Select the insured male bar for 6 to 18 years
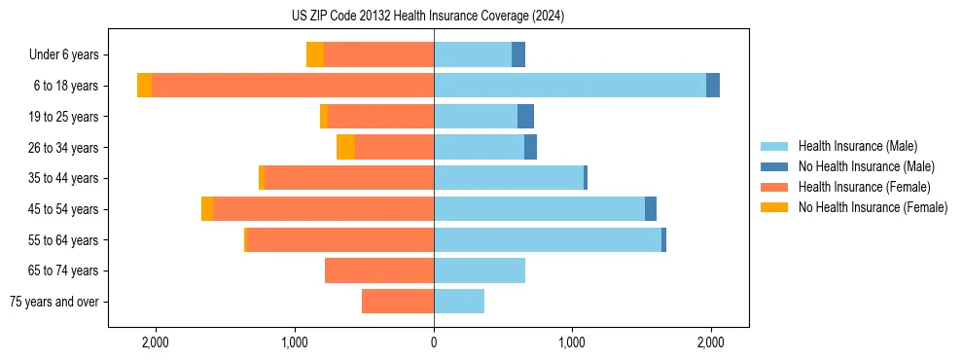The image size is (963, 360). pos(570,86)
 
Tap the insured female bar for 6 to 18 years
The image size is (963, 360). pos(292,86)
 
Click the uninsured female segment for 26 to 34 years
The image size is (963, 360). pos(345,147)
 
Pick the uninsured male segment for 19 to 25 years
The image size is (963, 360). pos(525,117)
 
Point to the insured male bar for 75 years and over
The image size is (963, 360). pos(459,302)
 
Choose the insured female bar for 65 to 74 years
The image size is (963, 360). pos(379,270)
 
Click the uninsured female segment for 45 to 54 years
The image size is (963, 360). pos(207,209)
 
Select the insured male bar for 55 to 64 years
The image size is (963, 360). pos(548,240)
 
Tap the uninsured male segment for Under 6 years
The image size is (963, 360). pos(518,54)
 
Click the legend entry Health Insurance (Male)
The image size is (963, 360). pos(857,146)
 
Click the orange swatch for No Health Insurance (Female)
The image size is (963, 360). pos(774,207)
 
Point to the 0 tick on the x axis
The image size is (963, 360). pos(434,342)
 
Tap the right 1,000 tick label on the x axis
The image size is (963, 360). pos(572,342)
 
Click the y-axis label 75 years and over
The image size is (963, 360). pos(54,302)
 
